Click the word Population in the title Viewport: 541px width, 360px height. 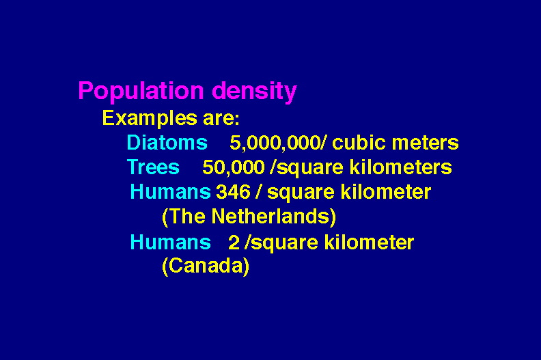141,92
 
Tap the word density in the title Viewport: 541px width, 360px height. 254,92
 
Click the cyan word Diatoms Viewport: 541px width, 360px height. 167,143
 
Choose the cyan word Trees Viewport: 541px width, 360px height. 153,167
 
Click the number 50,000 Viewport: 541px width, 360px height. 233,168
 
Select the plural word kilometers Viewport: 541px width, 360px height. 400,167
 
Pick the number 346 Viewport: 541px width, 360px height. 233,192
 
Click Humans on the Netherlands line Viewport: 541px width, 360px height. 171,191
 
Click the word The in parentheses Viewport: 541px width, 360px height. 187,217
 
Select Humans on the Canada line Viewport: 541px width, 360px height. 171,243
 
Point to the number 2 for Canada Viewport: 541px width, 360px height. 234,243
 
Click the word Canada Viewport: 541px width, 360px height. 206,266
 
